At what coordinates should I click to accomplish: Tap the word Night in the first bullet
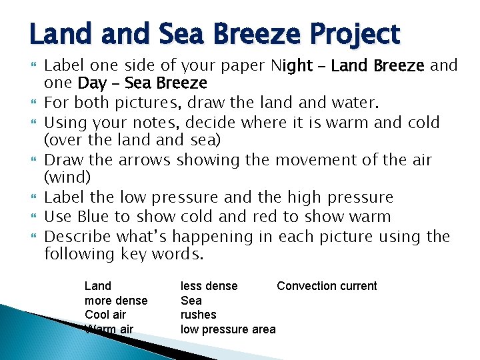(x=292, y=65)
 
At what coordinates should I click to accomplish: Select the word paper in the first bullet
(x=242, y=65)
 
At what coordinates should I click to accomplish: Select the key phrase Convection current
(x=327, y=286)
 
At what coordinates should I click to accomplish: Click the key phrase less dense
(x=209, y=286)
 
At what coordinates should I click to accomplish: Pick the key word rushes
(x=199, y=315)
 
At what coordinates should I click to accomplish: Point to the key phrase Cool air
(x=105, y=315)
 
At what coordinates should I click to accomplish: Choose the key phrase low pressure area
(x=228, y=329)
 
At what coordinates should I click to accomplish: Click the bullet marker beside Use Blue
(x=34, y=217)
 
